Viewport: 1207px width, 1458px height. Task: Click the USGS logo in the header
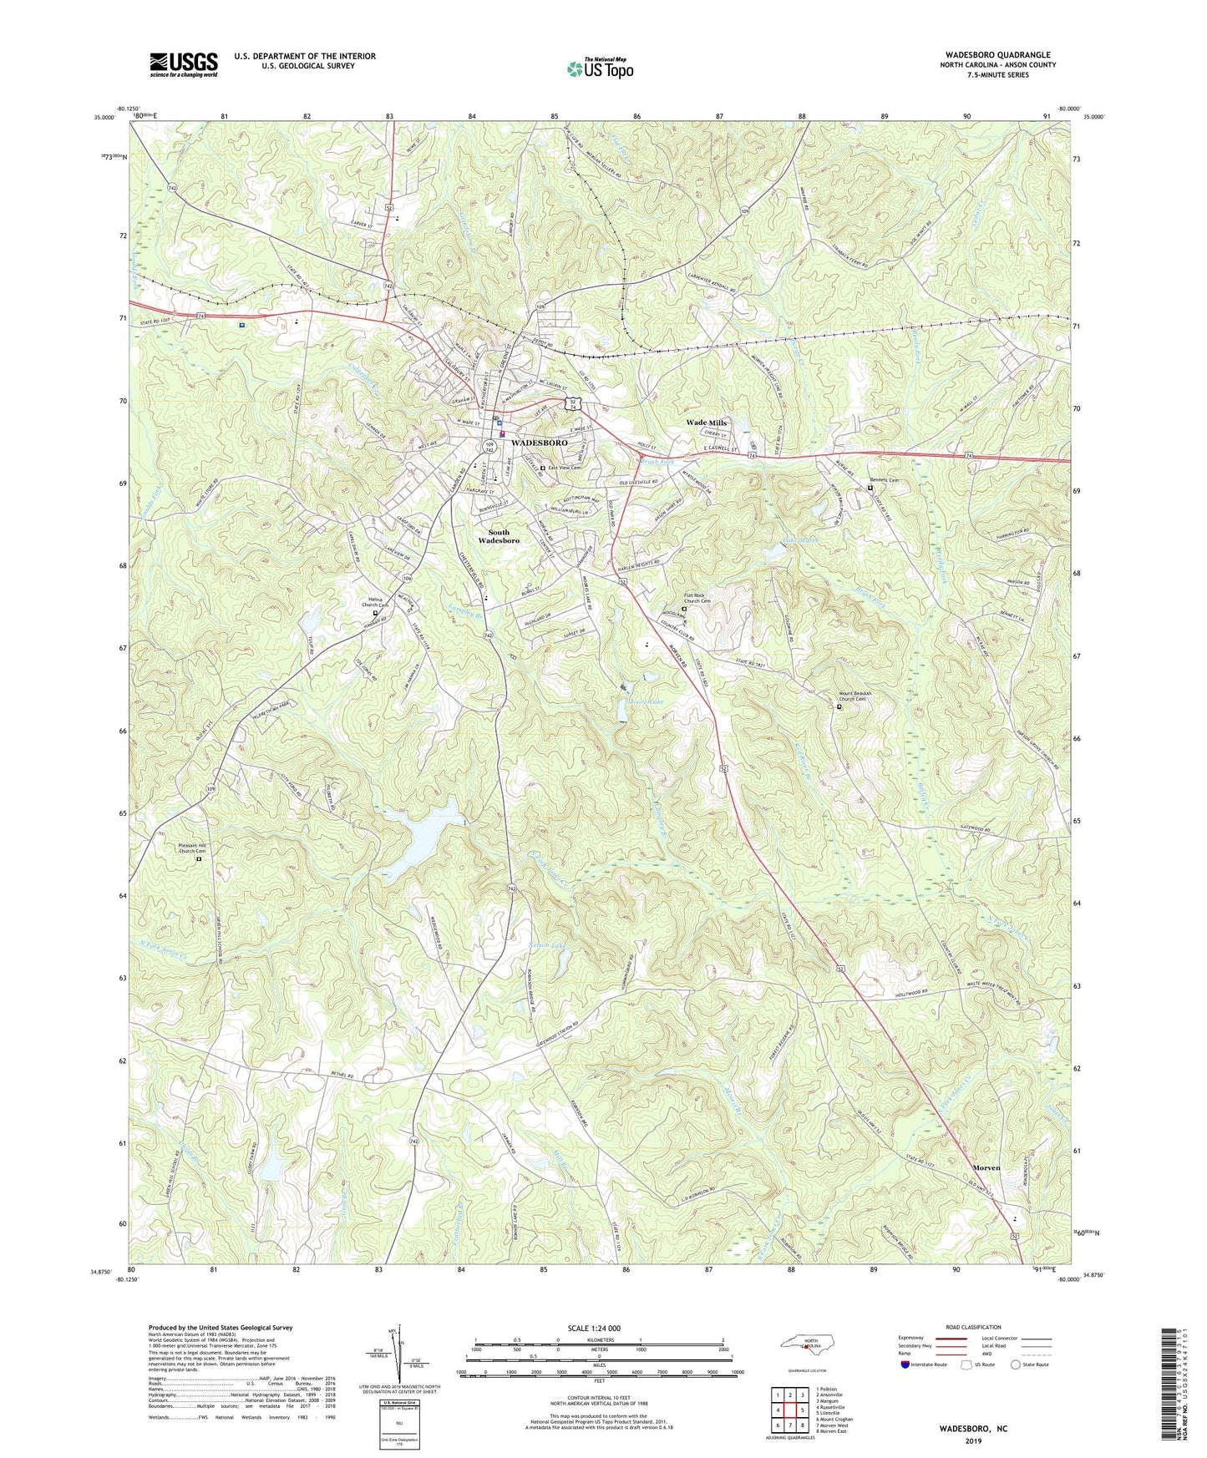pyautogui.click(x=184, y=63)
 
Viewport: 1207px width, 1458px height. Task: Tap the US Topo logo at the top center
pyautogui.click(x=599, y=68)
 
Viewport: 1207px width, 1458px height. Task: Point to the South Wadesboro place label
pyautogui.click(x=499, y=536)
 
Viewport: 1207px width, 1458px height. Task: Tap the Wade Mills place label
pyautogui.click(x=706, y=423)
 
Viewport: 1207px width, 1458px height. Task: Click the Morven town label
pyautogui.click(x=986, y=1167)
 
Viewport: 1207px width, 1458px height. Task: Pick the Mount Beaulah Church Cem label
pyautogui.click(x=864, y=696)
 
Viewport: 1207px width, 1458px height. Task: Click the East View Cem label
pyautogui.click(x=565, y=468)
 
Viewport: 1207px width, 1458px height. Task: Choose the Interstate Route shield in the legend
pyautogui.click(x=905, y=1364)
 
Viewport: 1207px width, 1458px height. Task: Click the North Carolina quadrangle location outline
pyautogui.click(x=807, y=1345)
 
